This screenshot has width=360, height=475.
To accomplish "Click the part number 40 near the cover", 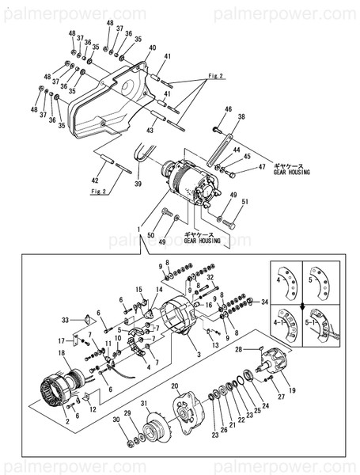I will click(x=152, y=48).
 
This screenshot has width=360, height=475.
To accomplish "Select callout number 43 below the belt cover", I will click(x=150, y=130).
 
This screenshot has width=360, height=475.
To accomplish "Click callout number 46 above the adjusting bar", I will click(x=228, y=109).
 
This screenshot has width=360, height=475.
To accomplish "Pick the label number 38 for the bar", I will click(x=241, y=117).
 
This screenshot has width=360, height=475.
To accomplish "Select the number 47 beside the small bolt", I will click(x=262, y=167).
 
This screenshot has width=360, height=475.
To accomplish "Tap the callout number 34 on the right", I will click(x=266, y=302).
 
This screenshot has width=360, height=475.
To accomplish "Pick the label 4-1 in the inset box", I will click(x=280, y=325).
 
